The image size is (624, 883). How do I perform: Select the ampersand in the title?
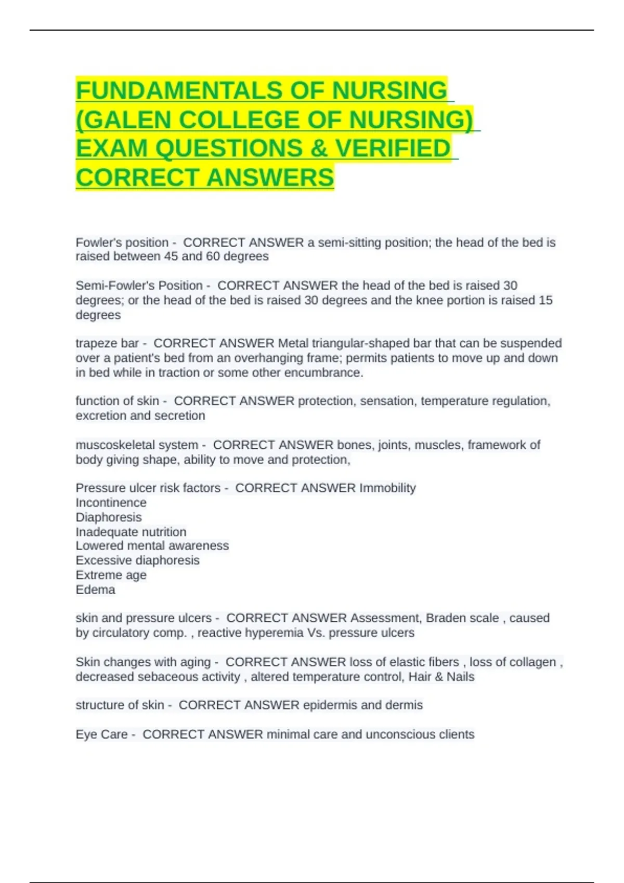319,149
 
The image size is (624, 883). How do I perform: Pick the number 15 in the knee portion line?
545,300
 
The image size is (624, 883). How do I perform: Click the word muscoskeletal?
110,445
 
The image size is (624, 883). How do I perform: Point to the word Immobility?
387,488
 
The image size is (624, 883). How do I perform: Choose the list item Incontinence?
111,503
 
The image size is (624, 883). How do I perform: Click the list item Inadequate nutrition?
131,532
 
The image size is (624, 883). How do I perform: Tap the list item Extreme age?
111,575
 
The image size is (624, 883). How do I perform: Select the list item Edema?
95,590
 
